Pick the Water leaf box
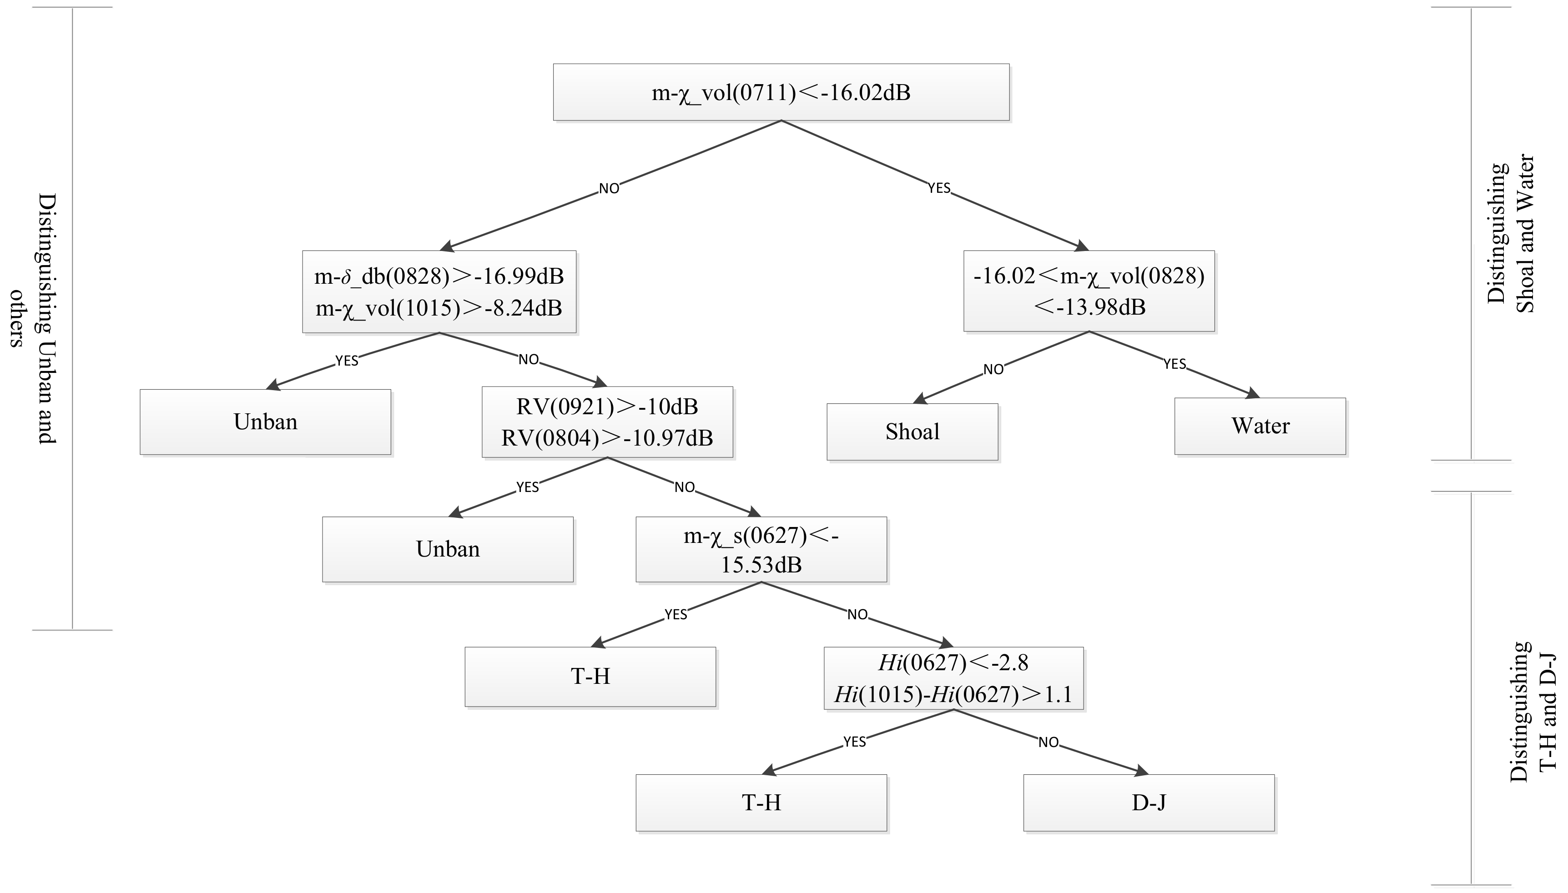click(x=1260, y=426)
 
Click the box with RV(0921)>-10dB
click(x=607, y=421)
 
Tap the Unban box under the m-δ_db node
click(x=265, y=421)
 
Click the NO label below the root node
click(x=609, y=188)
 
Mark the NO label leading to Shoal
click(x=993, y=369)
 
